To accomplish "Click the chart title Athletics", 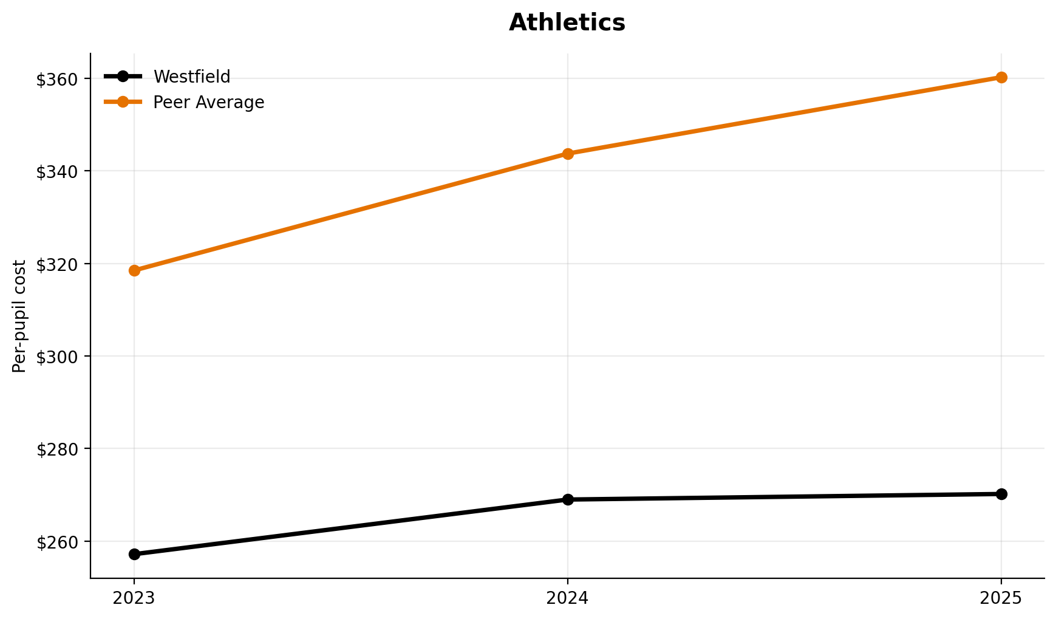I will (567, 23).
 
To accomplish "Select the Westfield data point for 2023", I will (134, 554).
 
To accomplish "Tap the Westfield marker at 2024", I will (568, 499).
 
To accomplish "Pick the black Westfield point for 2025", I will (1001, 494).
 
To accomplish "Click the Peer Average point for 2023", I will (134, 270).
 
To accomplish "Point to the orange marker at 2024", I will (568, 154).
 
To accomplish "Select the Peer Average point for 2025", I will (1001, 77).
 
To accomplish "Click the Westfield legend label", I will (192, 77).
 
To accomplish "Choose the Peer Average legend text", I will (208, 103).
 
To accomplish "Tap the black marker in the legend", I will (123, 77).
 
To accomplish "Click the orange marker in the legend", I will (123, 102).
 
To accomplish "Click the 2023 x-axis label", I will (134, 598).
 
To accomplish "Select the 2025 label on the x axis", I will (1001, 598).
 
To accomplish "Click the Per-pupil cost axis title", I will (19, 316).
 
